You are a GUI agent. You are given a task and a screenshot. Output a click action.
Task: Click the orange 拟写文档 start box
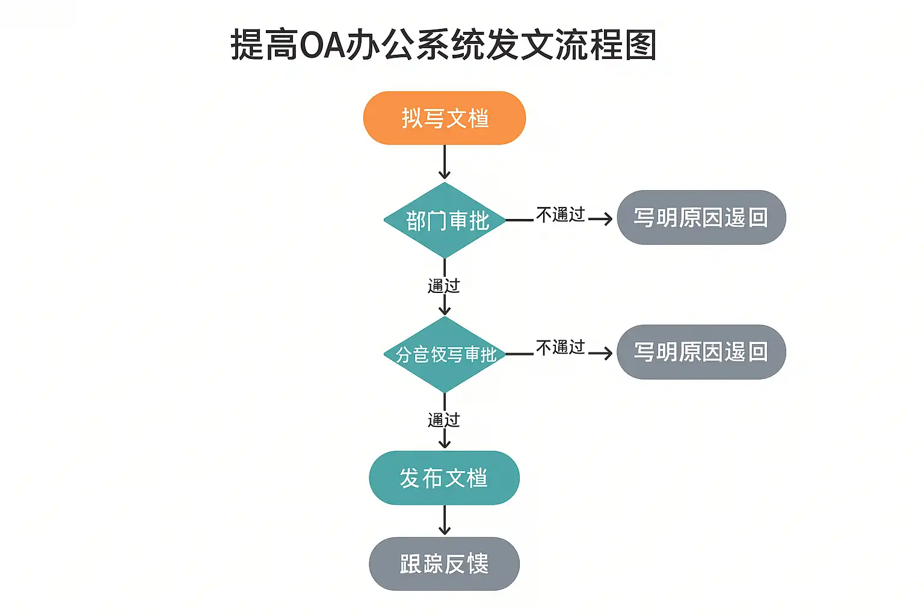(444, 118)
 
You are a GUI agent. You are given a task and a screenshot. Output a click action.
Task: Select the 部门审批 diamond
(445, 220)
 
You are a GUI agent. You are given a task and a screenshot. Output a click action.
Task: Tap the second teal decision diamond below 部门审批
(445, 354)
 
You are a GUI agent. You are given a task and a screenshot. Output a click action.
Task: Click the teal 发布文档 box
(444, 478)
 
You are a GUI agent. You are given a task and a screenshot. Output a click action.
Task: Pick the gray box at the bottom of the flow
(444, 564)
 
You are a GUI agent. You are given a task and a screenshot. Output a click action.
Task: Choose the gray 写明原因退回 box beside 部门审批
(701, 217)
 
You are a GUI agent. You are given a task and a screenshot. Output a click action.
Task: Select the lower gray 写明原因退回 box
(701, 352)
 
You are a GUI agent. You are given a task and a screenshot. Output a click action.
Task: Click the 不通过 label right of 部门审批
(560, 214)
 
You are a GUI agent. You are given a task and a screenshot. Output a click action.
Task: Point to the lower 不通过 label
(560, 347)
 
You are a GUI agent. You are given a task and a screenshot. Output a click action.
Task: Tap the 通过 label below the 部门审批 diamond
(444, 286)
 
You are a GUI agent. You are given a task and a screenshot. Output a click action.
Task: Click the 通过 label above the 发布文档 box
(444, 420)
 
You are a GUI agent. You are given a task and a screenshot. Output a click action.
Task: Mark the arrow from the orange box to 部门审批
(445, 162)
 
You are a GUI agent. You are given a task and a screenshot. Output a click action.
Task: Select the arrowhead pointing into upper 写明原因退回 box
(608, 219)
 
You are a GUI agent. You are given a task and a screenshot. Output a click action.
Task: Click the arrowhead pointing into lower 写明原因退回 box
(608, 353)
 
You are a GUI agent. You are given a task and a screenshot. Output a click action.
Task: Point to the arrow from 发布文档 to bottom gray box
(445, 520)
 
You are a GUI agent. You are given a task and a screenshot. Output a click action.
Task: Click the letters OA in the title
(322, 46)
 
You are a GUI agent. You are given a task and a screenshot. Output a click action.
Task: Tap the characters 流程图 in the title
(605, 46)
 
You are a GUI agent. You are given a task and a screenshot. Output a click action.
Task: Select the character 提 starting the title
(247, 46)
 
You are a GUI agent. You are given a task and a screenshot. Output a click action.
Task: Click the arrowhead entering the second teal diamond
(445, 310)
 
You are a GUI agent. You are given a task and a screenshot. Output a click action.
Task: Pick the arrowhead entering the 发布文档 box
(445, 444)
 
